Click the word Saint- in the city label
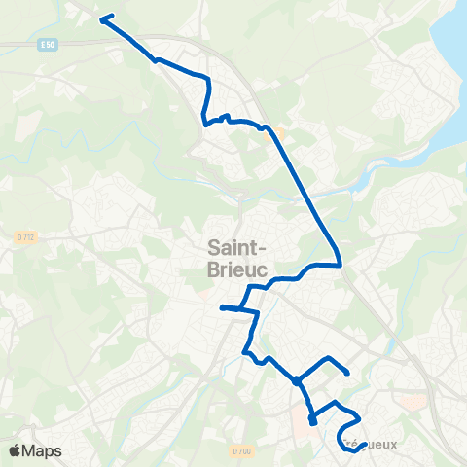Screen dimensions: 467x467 tap(238, 247)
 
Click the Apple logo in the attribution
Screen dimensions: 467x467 tap(14, 450)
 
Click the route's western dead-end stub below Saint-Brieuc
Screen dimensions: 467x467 tap(223, 307)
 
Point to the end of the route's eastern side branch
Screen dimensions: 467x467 tap(347, 373)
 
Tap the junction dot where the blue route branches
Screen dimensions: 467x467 tap(297, 381)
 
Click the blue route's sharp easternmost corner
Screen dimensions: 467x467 tap(339, 263)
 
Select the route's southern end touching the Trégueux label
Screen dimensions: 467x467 tap(346, 448)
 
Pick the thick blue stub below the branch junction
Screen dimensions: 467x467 tap(312, 420)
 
